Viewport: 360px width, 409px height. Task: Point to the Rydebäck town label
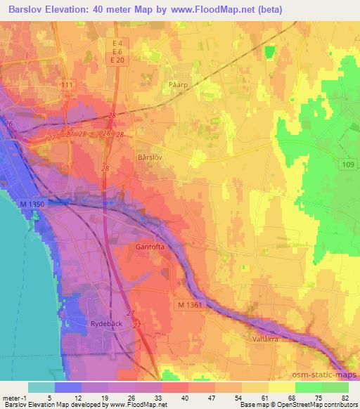pos(107,325)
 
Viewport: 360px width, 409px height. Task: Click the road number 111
pos(67,84)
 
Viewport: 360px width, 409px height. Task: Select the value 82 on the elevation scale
pos(345,398)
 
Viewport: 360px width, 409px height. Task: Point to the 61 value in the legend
pos(264,398)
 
